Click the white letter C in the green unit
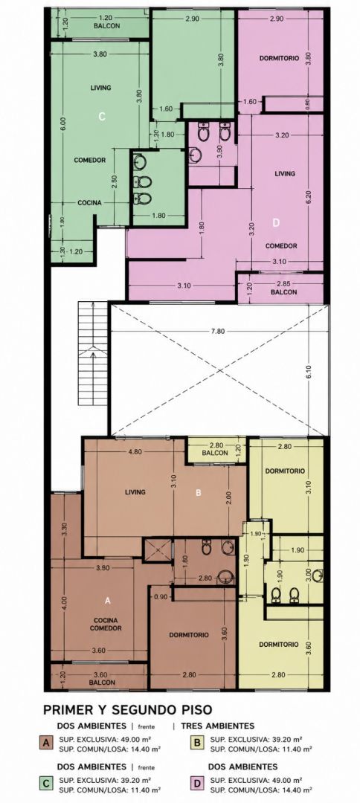click(102, 117)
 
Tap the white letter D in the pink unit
click(276, 223)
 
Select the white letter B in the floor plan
click(199, 493)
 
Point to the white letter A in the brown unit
click(108, 599)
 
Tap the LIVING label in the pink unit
click(285, 173)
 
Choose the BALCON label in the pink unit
click(284, 292)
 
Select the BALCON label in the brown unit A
click(102, 682)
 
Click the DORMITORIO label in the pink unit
click(279, 59)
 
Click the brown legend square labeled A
click(47, 743)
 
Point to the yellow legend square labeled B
click(196, 743)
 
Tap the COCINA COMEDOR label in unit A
click(106, 624)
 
